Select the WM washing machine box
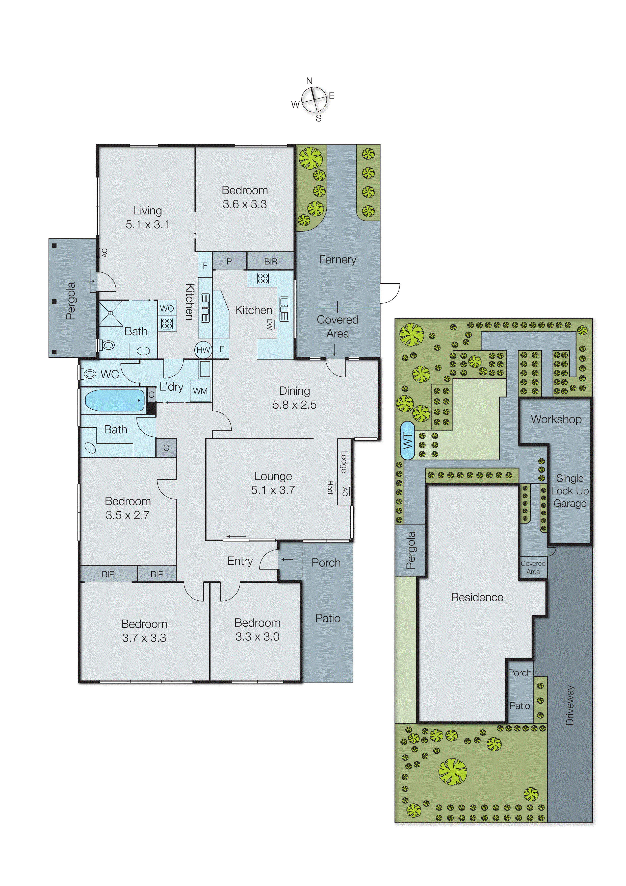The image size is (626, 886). (x=200, y=391)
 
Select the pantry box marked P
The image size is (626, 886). (x=229, y=261)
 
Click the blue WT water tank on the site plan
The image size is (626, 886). (x=408, y=440)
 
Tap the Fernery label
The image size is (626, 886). (x=337, y=260)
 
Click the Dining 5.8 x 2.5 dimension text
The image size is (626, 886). (x=294, y=405)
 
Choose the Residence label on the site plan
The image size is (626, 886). (x=477, y=597)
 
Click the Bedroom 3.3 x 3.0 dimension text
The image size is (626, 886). (x=257, y=637)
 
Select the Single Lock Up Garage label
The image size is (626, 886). (x=570, y=491)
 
